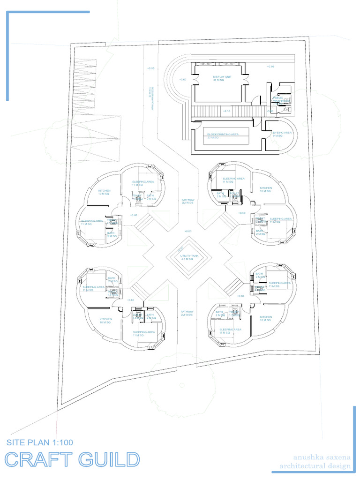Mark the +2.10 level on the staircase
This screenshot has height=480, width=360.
(x=226, y=111)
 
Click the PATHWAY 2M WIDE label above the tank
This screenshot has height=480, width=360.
(x=187, y=201)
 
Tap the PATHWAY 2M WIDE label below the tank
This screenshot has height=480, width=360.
(x=187, y=313)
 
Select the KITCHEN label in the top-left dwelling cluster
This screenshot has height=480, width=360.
(x=104, y=192)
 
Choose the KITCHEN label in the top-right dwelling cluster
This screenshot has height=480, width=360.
(x=266, y=189)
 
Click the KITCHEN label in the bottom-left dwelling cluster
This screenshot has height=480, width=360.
(x=105, y=321)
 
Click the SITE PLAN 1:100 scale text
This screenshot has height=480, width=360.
(x=40, y=442)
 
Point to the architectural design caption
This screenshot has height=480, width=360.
(x=315, y=466)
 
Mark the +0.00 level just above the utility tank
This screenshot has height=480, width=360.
(x=187, y=231)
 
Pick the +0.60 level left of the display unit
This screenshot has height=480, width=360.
(x=182, y=79)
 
